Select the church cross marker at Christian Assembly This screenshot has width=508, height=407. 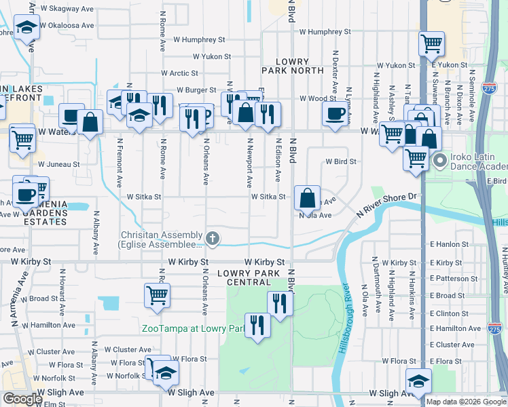pyautogui.click(x=213, y=238)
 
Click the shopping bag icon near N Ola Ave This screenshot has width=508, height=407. pyautogui.click(x=308, y=197)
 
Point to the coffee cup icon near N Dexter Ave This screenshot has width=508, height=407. pyautogui.click(x=334, y=115)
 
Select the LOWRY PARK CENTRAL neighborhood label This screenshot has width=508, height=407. pyautogui.click(x=249, y=277)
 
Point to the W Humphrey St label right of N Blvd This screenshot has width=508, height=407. pyautogui.click(x=325, y=32)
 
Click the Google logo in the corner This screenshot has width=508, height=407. pyautogui.click(x=22, y=399)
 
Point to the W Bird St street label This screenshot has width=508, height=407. pyautogui.click(x=340, y=162)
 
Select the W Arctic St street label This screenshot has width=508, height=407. pyautogui.click(x=179, y=73)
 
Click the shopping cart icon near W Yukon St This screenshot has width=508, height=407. pyautogui.click(x=432, y=44)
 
